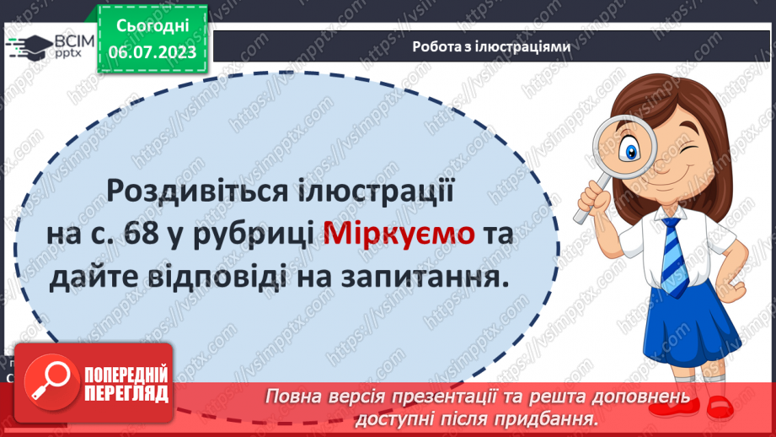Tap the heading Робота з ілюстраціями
pos(492,47)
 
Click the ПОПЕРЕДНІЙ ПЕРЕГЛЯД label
pos(126,385)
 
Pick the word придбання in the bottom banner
pos(553,418)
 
